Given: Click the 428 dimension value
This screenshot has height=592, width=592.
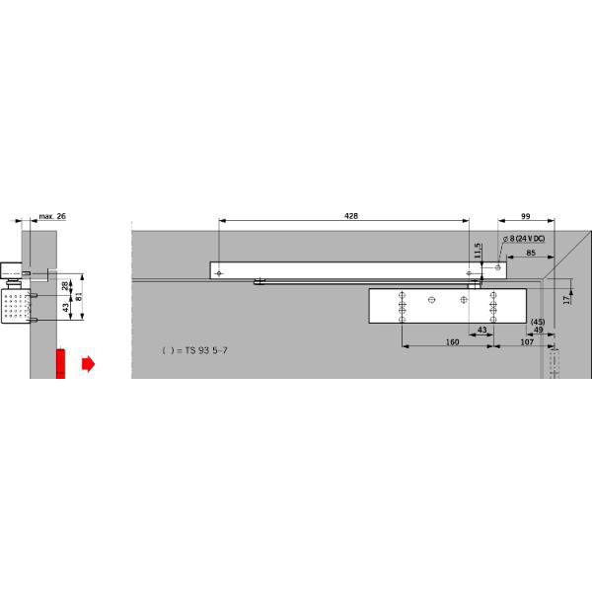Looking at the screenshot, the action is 351,216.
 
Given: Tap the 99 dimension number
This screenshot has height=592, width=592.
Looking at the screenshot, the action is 526,216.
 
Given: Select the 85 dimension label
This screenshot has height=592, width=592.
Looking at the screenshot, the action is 531,253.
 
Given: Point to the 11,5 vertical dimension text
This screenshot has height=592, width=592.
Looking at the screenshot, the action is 478,251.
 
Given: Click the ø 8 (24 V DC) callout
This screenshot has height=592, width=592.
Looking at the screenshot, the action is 524,239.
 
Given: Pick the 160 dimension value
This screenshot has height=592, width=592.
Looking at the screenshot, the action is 452,342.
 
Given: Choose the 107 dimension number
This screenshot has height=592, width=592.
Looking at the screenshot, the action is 527,342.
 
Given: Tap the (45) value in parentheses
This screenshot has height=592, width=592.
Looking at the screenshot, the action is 538,322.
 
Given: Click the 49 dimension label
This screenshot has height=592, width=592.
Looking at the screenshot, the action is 539,330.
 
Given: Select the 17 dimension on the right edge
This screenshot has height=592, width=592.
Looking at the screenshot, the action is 566,300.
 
